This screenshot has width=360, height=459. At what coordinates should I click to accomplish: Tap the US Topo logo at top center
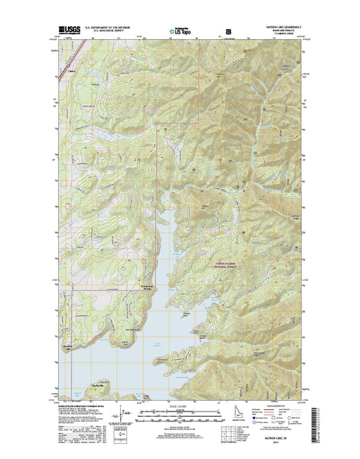180,32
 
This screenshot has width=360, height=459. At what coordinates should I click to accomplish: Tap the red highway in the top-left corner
61,59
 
